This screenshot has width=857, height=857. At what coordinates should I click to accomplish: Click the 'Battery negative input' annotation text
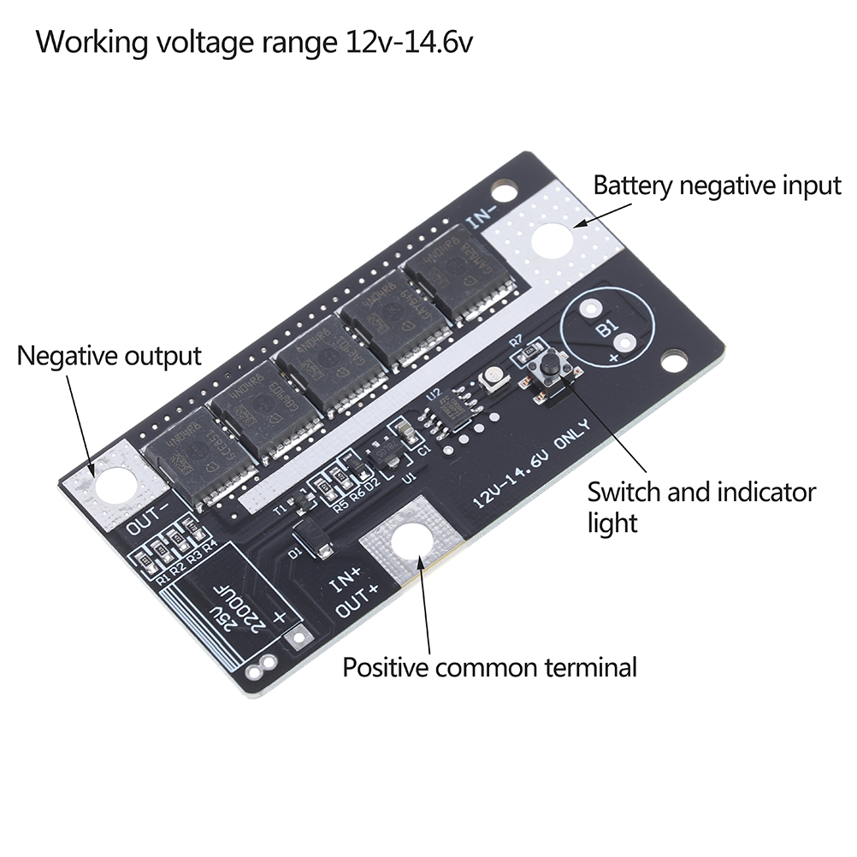click(717, 186)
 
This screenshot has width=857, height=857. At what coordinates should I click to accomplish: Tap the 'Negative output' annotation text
click(109, 355)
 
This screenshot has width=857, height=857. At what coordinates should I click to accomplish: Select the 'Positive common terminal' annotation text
click(489, 667)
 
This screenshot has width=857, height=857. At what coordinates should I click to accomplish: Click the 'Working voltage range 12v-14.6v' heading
click(253, 41)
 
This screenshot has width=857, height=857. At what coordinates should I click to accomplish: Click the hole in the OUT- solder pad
click(113, 486)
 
